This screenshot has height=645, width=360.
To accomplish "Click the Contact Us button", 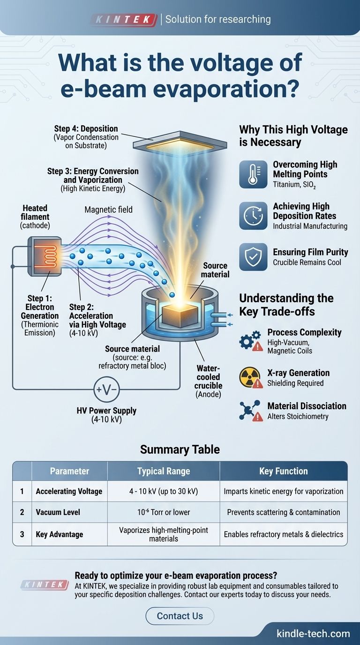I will (180, 616).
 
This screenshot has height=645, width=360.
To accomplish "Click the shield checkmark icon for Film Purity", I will (253, 257).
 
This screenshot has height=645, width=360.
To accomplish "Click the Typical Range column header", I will (164, 471).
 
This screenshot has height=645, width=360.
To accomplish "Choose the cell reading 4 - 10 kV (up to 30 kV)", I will (164, 491).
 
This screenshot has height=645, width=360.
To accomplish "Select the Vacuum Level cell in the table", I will (58, 512).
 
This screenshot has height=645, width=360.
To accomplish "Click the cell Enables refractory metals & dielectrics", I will (284, 534).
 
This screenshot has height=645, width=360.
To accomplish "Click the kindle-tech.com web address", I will (313, 634).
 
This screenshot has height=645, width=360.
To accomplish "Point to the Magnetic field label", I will (108, 210).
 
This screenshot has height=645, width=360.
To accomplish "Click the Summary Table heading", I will (180, 450).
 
